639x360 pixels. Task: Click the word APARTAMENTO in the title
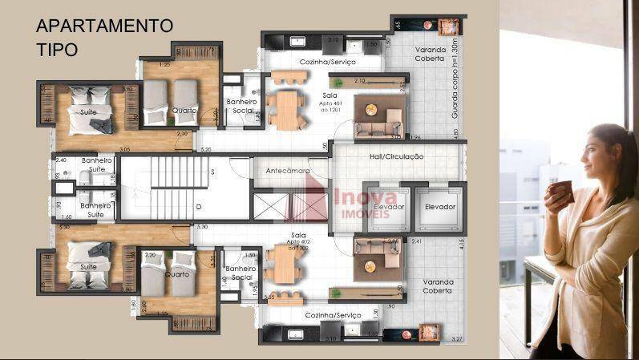104,25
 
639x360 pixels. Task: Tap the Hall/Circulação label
392,156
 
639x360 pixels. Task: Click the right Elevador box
439,207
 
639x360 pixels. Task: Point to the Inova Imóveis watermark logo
353,200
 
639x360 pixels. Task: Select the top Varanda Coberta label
426,54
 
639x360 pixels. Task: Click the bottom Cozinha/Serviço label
333,315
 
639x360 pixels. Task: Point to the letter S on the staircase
212,172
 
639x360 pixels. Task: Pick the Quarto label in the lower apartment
177,274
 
